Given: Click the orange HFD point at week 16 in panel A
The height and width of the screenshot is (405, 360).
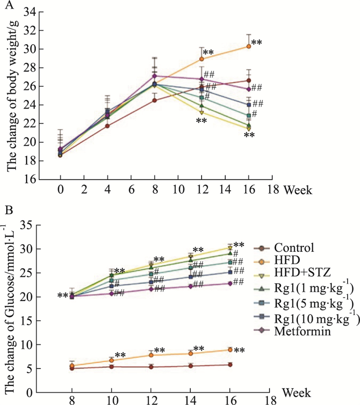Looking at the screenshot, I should coord(248,46).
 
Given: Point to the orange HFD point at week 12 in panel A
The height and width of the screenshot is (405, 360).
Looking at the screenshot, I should coord(202,59).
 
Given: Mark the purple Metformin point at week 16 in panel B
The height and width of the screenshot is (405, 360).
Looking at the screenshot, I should coord(230,283).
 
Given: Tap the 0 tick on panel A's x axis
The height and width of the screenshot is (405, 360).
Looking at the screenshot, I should coord(61,189).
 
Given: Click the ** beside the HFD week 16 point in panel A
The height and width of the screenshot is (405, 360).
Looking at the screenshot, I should coord(257,42).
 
